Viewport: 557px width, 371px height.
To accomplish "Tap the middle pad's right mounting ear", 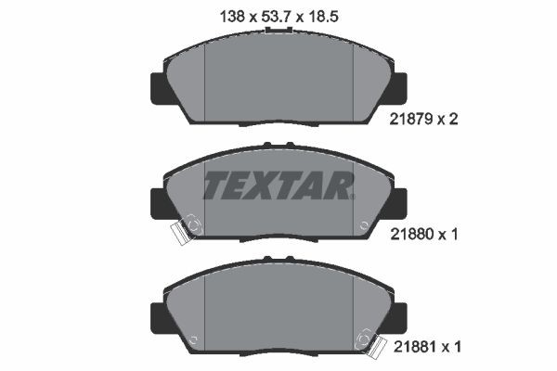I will (397, 202).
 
